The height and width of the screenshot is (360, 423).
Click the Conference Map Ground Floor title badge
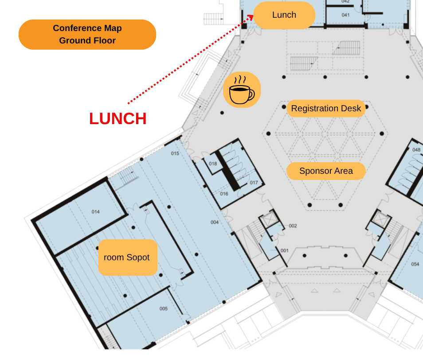tap(87, 34)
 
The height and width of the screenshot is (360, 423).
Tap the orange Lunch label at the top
tap(284, 15)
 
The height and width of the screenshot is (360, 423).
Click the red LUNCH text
tap(118, 119)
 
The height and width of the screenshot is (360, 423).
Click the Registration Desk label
tap(326, 109)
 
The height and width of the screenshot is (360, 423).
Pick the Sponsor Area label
tap(326, 171)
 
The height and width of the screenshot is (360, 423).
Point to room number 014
tap(95, 211)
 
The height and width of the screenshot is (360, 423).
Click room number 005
tap(164, 309)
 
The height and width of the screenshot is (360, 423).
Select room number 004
tap(215, 222)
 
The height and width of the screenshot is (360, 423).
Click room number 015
tap(175, 153)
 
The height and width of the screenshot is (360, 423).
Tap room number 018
tap(213, 164)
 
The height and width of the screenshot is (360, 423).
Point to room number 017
tap(254, 183)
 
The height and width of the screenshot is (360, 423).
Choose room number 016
tap(224, 194)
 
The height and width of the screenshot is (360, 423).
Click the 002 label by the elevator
tap(293, 226)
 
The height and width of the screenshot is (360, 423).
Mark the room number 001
tap(284, 250)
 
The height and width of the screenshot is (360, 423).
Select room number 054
tap(415, 264)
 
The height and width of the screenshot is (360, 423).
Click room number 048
tap(416, 150)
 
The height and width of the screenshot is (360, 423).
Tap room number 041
tap(345, 15)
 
